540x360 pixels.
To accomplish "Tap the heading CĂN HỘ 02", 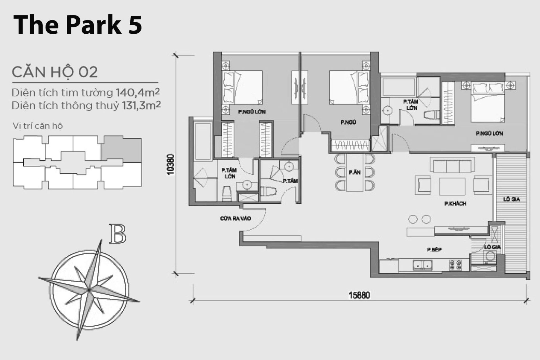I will coord(55,72).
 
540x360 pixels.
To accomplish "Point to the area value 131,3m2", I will coord(141,105).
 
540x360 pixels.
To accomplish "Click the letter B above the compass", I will coord(117,234).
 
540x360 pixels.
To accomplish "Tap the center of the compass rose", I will coord(89,289).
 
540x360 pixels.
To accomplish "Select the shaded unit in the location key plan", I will coord(121,150).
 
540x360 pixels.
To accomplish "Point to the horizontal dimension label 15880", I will coord(359,295).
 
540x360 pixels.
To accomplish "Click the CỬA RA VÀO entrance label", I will coord(235,219).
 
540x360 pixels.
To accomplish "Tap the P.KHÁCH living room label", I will coord(455,204).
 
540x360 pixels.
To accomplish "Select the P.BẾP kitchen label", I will coord(434,249).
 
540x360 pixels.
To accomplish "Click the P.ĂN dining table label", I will coord(355,172).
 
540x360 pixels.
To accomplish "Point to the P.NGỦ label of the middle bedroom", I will coord(348,122).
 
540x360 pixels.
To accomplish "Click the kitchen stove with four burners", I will coord(455,265).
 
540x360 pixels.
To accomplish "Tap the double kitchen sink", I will coord(422,265).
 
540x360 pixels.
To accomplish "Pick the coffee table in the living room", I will coord(452,186).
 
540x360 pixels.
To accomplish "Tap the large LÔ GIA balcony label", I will coord(511,199).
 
